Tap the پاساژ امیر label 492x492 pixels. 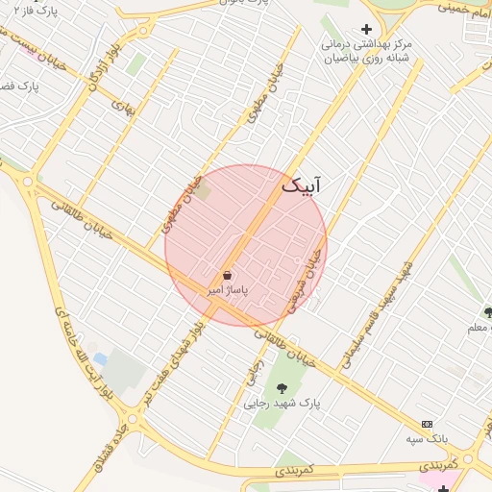pos(229,288)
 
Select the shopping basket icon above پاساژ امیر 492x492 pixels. pos(227,275)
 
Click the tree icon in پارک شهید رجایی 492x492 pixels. pos(283,388)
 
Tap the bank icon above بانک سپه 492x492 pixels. pos(427,424)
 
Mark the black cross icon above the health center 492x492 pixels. pos(365,29)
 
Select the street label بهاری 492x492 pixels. pos(123,109)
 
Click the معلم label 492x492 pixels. pos(479,328)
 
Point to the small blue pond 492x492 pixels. pos(100,359)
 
